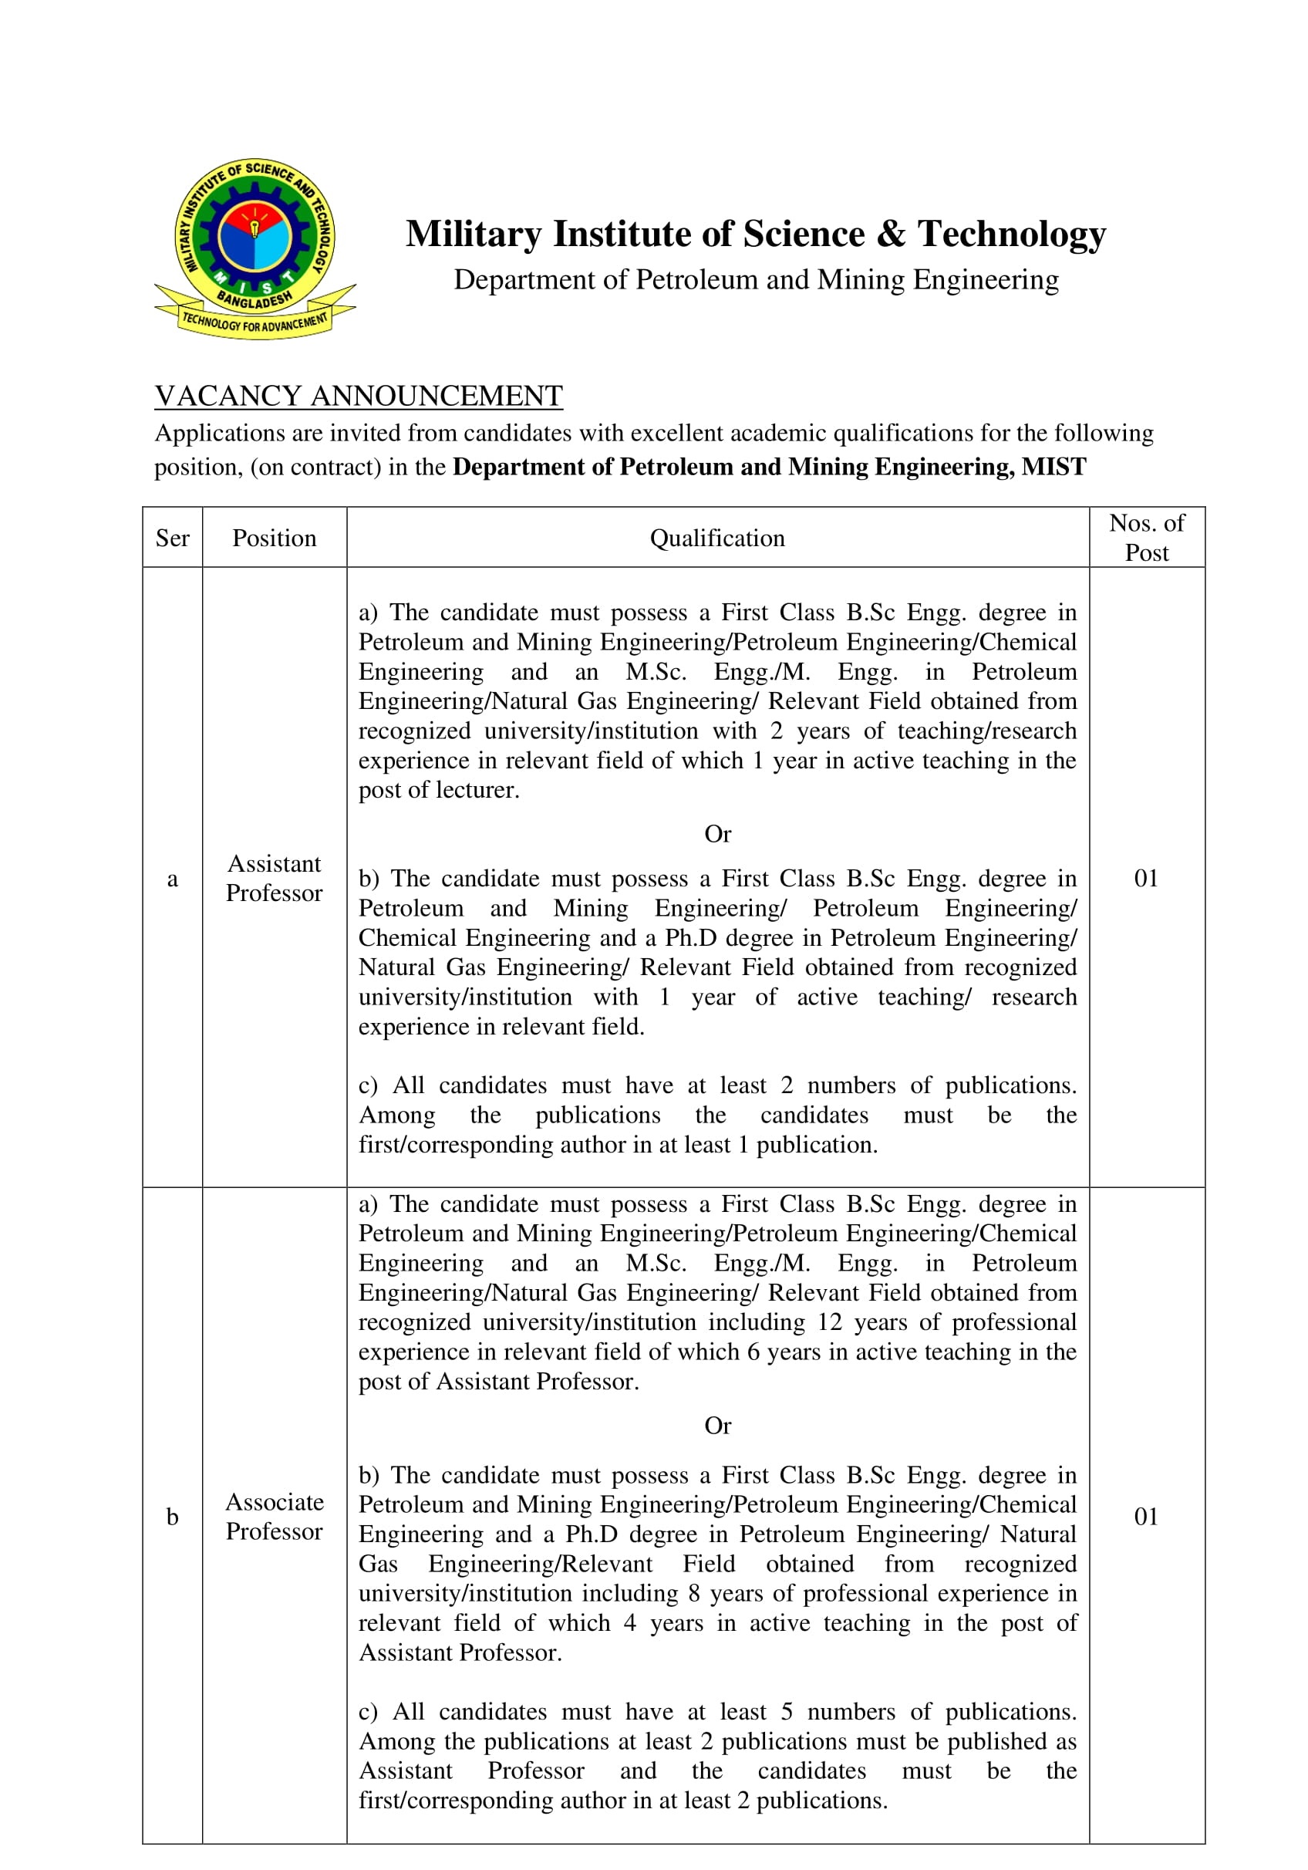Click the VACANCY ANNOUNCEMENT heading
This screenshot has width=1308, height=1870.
point(359,396)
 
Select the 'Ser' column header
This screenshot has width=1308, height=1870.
point(172,538)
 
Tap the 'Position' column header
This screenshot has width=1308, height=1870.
point(274,538)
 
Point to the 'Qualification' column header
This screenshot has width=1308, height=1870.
point(716,538)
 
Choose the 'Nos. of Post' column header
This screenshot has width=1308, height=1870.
point(1146,538)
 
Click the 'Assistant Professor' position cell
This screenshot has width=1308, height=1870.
point(274,878)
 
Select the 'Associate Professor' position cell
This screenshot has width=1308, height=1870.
point(274,1517)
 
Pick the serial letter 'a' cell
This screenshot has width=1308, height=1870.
point(172,879)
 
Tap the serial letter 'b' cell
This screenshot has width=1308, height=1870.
point(172,1517)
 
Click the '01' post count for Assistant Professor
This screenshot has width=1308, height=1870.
point(1146,878)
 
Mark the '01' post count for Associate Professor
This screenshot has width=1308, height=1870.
point(1146,1517)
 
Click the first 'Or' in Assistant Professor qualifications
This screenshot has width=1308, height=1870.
point(717,834)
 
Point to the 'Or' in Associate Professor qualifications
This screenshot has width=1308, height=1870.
point(717,1426)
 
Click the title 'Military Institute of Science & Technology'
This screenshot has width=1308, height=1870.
point(755,234)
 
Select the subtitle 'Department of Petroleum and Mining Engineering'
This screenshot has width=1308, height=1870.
point(756,279)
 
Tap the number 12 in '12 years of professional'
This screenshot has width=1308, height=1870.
point(830,1321)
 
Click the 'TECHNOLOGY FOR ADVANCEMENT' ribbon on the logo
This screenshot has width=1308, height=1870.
point(255,322)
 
